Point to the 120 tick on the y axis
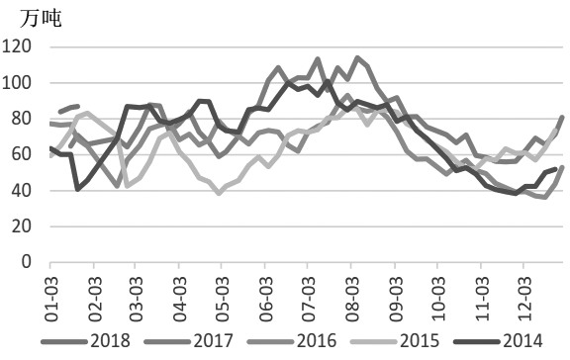[20, 46]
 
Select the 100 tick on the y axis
[20, 83]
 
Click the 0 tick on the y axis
[28, 263]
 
